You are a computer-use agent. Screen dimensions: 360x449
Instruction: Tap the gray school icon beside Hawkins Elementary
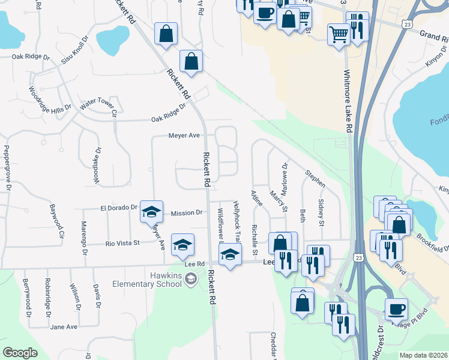pyautogui.click(x=190, y=278)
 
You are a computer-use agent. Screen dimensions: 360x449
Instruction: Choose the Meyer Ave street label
pyautogui.click(x=184, y=136)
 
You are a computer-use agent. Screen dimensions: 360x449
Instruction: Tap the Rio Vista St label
pyautogui.click(x=122, y=243)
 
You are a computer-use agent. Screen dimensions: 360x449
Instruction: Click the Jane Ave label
pyautogui.click(x=64, y=326)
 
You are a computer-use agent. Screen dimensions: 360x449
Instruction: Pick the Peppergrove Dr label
pyautogui.click(x=8, y=167)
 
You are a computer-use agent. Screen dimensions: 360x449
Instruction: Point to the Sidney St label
pyautogui.click(x=321, y=213)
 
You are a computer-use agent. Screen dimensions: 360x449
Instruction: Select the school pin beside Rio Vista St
pyautogui.click(x=183, y=244)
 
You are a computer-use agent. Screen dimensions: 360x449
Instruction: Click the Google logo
pyautogui.click(x=20, y=353)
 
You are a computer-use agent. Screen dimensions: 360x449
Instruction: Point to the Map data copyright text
pyautogui.click(x=423, y=355)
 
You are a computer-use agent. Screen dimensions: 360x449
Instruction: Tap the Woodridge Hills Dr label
pyautogui.click(x=49, y=100)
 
